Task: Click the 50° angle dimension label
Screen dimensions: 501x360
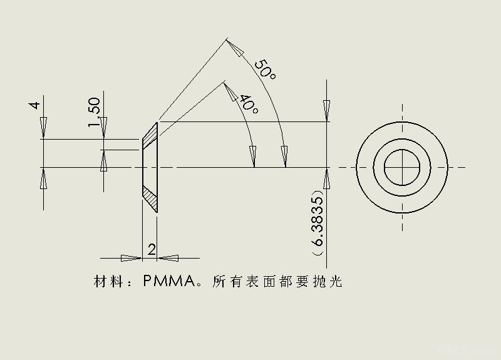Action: [265, 69]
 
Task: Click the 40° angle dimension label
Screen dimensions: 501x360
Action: [249, 104]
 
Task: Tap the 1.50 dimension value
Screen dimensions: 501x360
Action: [95, 112]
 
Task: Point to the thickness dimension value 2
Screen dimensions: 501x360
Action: [152, 249]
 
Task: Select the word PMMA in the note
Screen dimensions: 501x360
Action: [169, 281]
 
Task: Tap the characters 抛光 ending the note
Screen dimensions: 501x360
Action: [328, 281]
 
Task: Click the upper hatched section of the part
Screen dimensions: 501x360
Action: [150, 136]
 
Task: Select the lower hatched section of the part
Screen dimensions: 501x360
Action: [150, 198]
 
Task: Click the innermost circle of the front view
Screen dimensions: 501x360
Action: [402, 150]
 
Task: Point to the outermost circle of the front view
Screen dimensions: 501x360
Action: [402, 121]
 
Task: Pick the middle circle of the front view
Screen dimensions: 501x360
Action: [402, 138]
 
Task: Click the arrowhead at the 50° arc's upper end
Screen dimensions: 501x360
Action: [235, 48]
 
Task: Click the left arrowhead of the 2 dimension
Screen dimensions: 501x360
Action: [132, 258]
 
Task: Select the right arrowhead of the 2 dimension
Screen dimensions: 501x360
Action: [168, 258]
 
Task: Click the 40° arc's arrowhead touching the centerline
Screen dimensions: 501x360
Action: [253, 157]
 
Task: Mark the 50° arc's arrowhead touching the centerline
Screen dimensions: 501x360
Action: [284, 157]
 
